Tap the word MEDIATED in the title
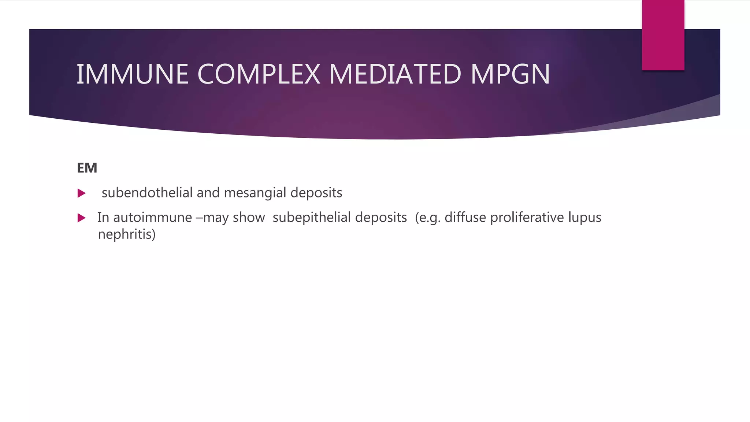(x=395, y=74)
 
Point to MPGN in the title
(x=510, y=74)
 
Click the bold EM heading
(x=87, y=168)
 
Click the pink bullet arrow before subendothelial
(x=82, y=193)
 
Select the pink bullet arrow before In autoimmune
(x=82, y=218)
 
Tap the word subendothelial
(x=147, y=193)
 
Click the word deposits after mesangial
(x=316, y=193)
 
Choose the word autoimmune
(x=152, y=218)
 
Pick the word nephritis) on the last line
(x=127, y=234)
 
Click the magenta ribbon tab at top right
(x=663, y=35)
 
